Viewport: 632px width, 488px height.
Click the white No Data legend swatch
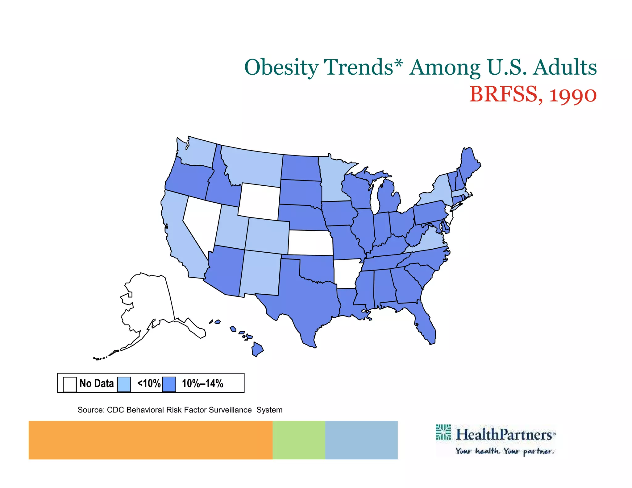click(x=70, y=384)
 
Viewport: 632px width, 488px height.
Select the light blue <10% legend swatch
click(x=124, y=384)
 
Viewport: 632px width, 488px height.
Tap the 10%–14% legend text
click(x=202, y=383)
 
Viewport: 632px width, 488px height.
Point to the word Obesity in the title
click(x=281, y=67)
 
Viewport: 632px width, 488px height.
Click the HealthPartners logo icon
click(x=443, y=432)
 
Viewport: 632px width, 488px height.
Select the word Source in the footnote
click(x=90, y=410)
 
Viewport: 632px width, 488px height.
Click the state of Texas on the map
click(x=306, y=296)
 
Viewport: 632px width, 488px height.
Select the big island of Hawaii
click(x=257, y=349)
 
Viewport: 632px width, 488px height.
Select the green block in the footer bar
click(x=299, y=440)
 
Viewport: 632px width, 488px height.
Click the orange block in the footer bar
click(x=150, y=440)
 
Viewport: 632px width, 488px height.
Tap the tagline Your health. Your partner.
click(x=505, y=451)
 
